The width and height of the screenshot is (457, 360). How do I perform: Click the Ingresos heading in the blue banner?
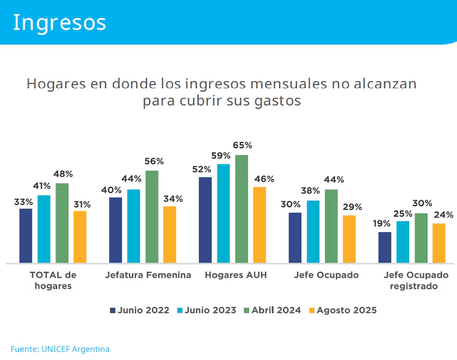point(59,22)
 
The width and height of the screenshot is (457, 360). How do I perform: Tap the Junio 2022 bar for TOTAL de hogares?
point(26,236)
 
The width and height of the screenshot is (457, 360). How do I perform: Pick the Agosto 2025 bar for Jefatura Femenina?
point(170,235)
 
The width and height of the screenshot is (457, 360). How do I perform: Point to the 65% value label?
point(242,145)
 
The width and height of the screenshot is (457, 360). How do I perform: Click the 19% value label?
point(382,224)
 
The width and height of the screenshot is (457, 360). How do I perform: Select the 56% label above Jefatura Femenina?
point(154,161)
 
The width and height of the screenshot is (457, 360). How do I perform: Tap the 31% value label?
point(81,204)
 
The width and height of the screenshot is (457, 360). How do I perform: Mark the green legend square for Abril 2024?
point(246,311)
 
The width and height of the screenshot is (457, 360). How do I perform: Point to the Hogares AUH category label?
point(236,275)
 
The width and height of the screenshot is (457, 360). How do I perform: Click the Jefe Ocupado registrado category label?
point(416,281)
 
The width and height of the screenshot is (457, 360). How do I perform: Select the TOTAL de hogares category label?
point(53,281)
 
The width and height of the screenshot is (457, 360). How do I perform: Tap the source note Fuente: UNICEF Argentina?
point(60,349)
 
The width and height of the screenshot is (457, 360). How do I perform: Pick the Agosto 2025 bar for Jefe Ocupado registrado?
point(439,243)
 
